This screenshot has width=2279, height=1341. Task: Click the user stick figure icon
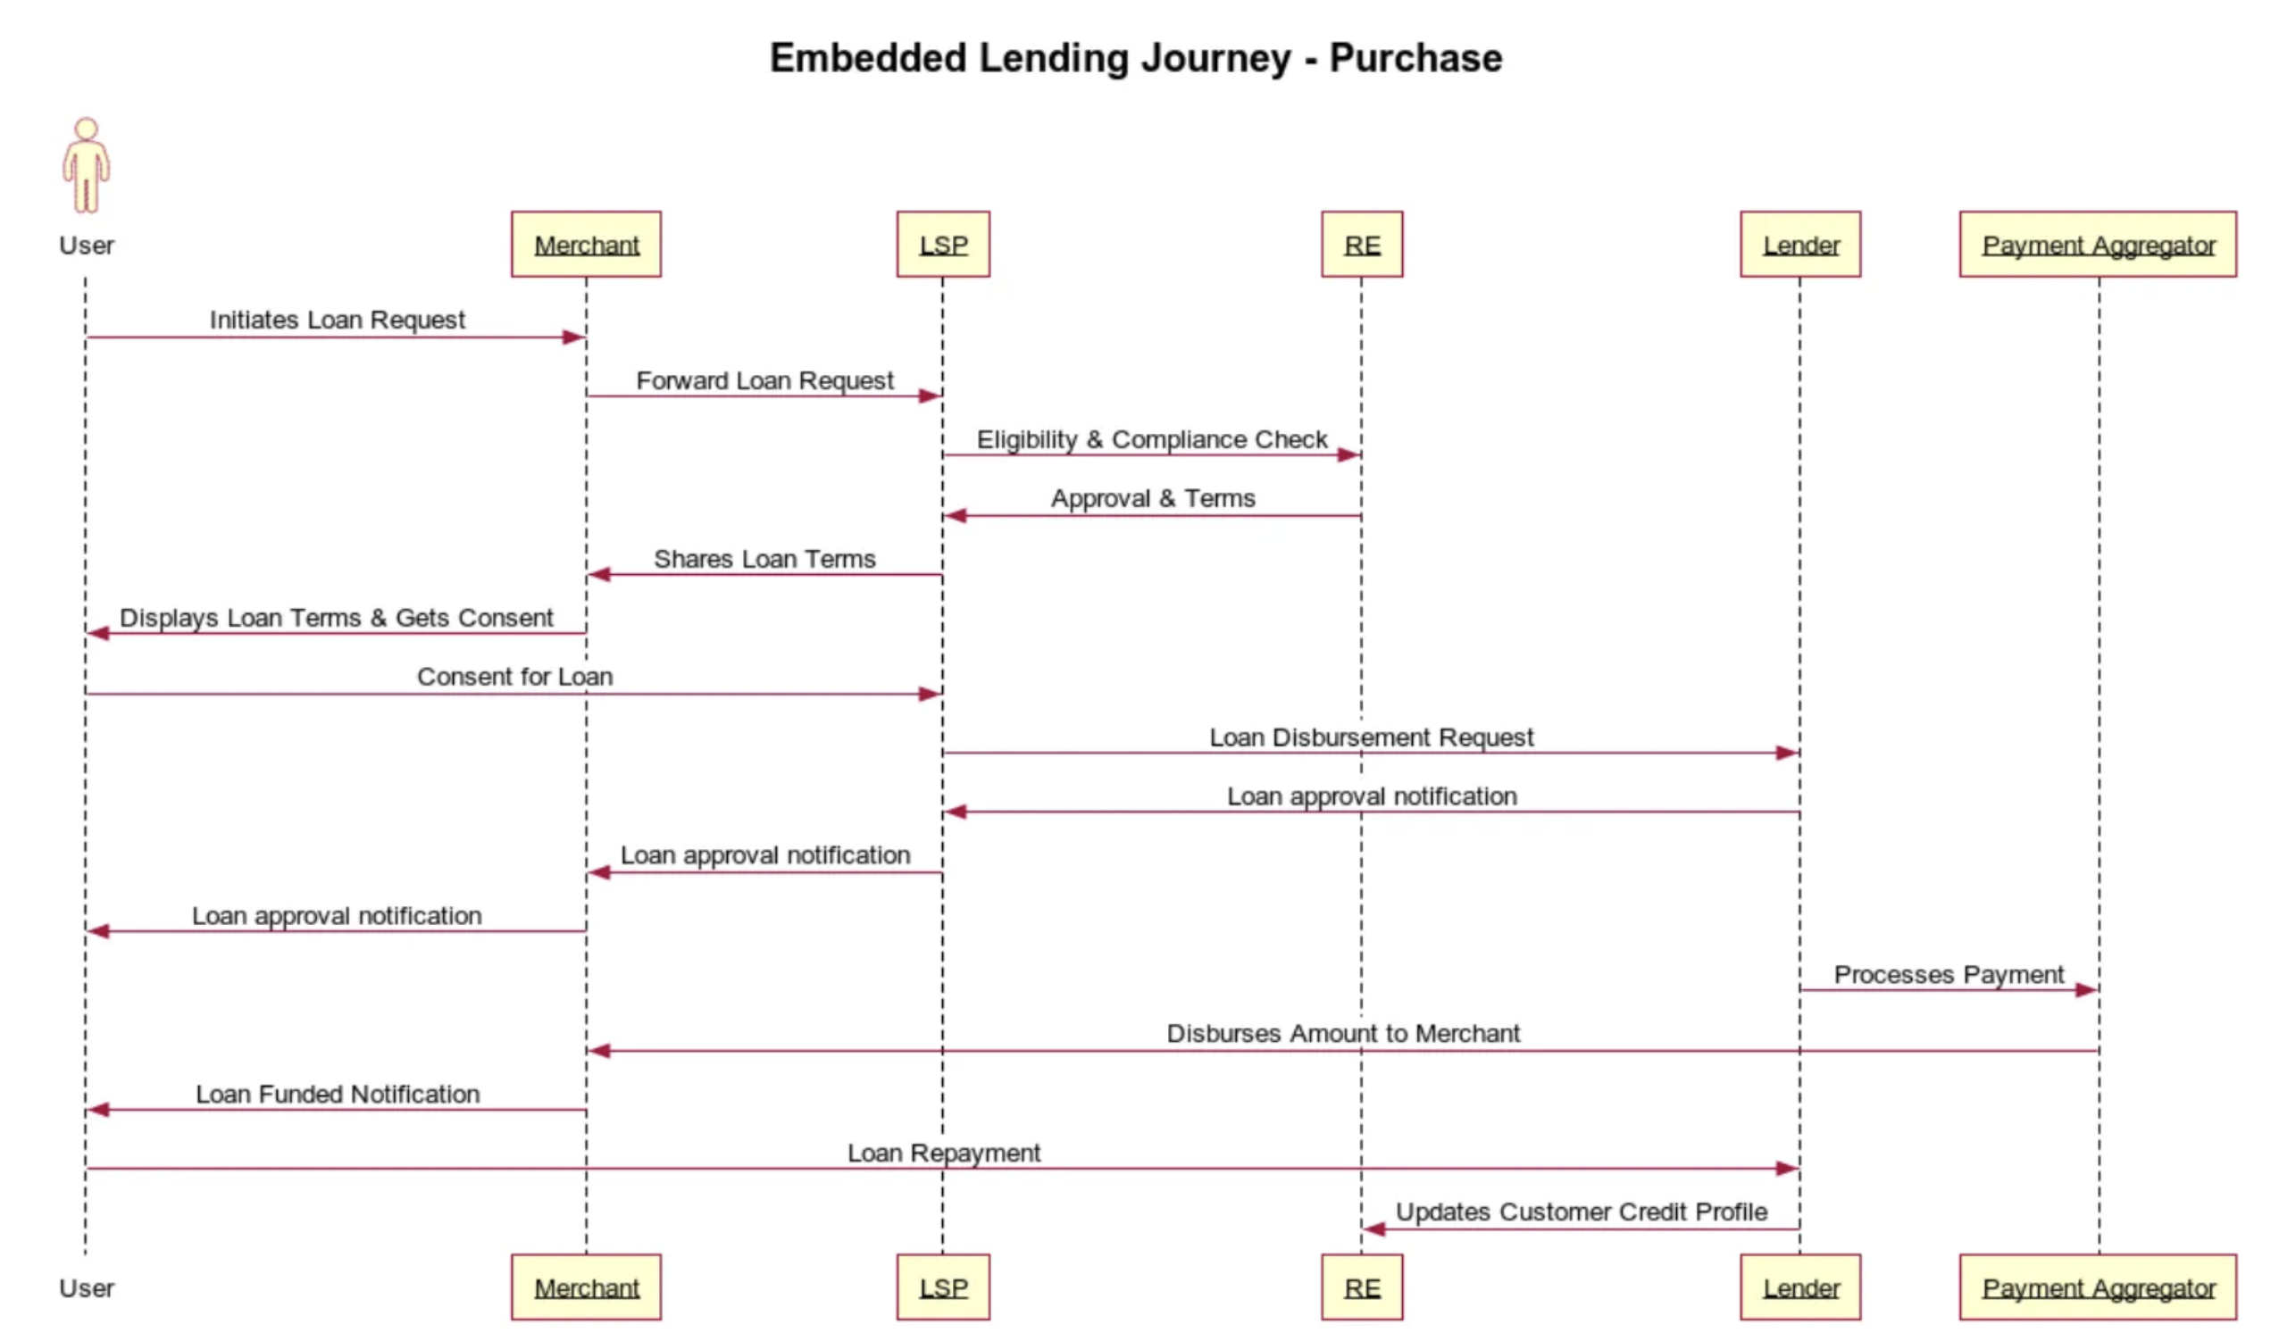[x=86, y=165]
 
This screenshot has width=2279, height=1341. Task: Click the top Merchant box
[x=586, y=245]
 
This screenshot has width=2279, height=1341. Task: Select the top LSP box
[x=942, y=245]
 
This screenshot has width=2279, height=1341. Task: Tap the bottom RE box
[x=1361, y=1287]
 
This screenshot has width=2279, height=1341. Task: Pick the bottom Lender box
[x=1799, y=1287]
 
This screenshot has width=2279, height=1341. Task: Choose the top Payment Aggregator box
[x=2097, y=245]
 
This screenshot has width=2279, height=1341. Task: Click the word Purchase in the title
[x=1415, y=58]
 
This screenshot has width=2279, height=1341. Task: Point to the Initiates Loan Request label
[x=338, y=321]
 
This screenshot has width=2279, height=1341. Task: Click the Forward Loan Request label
[x=764, y=380]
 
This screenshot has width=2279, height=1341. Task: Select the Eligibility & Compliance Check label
[x=1151, y=439]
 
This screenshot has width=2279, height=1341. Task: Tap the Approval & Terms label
[x=1152, y=498]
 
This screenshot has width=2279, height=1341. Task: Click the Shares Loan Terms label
[x=764, y=559]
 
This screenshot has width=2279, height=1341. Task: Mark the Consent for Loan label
[x=514, y=677]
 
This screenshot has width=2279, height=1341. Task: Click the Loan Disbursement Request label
[x=1371, y=737]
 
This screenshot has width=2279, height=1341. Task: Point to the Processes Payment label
[x=1948, y=975]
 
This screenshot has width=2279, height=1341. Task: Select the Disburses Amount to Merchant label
[x=1342, y=1034]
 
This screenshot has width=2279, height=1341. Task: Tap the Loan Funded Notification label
[x=338, y=1095]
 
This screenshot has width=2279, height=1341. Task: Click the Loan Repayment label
[x=943, y=1153]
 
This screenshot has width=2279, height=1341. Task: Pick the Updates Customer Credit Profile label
[x=1581, y=1212]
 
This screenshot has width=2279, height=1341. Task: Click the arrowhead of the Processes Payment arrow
[x=2085, y=990]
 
